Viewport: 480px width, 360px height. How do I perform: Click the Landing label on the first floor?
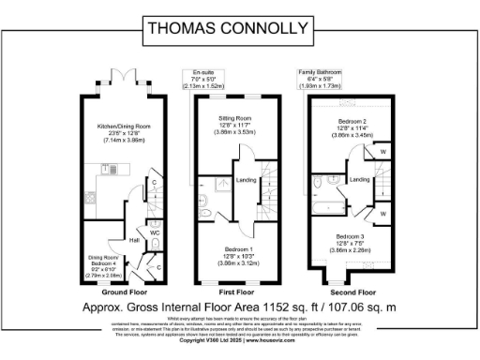coord(247,181)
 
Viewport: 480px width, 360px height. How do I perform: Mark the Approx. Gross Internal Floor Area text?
coord(240,307)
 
